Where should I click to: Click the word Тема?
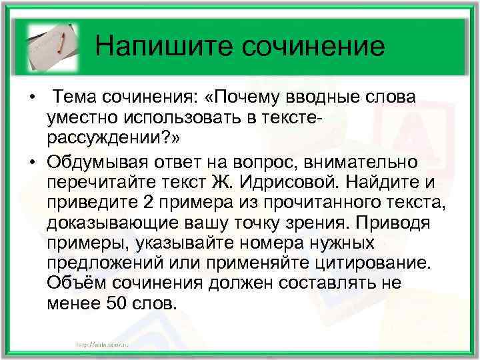[77, 97]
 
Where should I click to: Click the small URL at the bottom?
[101, 342]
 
